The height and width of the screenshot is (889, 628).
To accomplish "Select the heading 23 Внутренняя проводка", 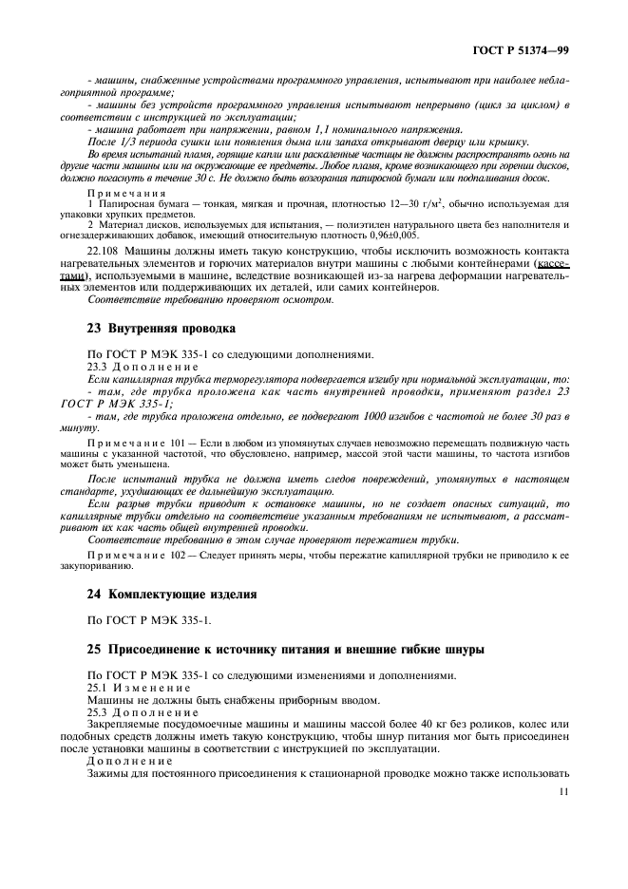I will (x=161, y=329).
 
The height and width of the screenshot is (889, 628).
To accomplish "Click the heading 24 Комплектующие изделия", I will (x=172, y=595).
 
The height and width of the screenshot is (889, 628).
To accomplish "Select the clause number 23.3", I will (x=99, y=366).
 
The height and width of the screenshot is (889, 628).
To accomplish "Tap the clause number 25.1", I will (x=99, y=687).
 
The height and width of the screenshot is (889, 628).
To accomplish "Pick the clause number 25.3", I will (x=99, y=711).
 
